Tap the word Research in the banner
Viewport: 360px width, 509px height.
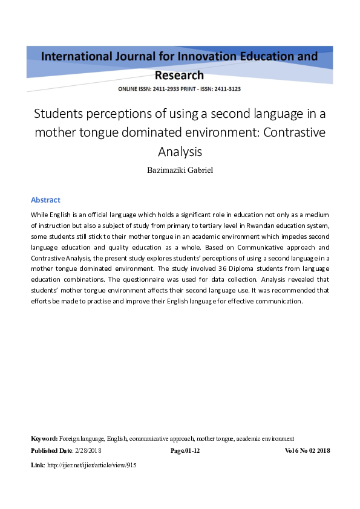tap(180, 76)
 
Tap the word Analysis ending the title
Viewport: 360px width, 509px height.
tap(180, 151)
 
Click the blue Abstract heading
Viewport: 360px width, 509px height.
tap(45, 200)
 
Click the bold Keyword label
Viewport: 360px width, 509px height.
tap(44, 438)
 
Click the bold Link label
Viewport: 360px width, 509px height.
tap(37, 465)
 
